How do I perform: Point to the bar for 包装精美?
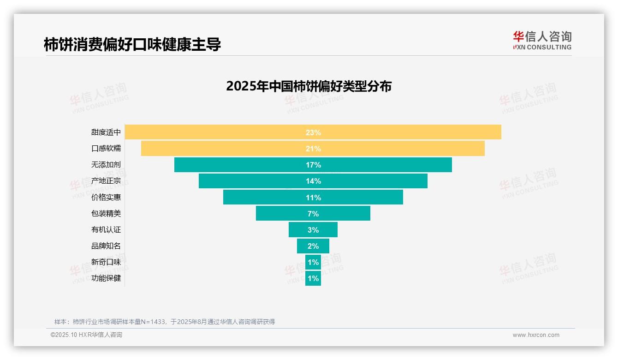(x=281, y=213)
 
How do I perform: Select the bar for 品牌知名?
(x=302, y=246)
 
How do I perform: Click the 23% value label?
(x=313, y=132)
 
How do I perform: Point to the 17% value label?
(x=313, y=165)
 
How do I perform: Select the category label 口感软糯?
(x=106, y=149)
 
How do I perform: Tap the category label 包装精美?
(x=106, y=213)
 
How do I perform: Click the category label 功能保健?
(x=106, y=278)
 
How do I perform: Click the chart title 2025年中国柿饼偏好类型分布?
(x=309, y=86)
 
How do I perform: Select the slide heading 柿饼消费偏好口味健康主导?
(x=132, y=44)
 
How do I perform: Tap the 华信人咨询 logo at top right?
(x=542, y=40)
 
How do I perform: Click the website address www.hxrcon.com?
(x=536, y=335)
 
